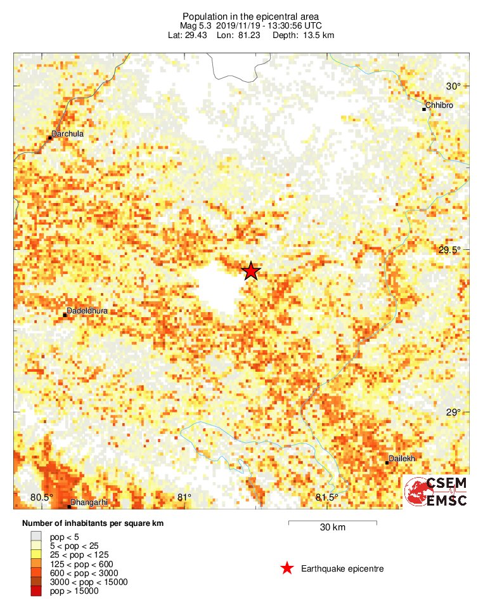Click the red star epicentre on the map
point(251,271)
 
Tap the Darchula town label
point(68,134)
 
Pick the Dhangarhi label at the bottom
point(89,502)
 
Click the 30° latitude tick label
point(453,86)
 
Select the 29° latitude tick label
point(453,412)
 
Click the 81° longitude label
point(184,497)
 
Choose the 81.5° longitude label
point(327,497)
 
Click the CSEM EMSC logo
point(437,492)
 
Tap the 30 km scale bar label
point(333,528)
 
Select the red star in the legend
point(287,568)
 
